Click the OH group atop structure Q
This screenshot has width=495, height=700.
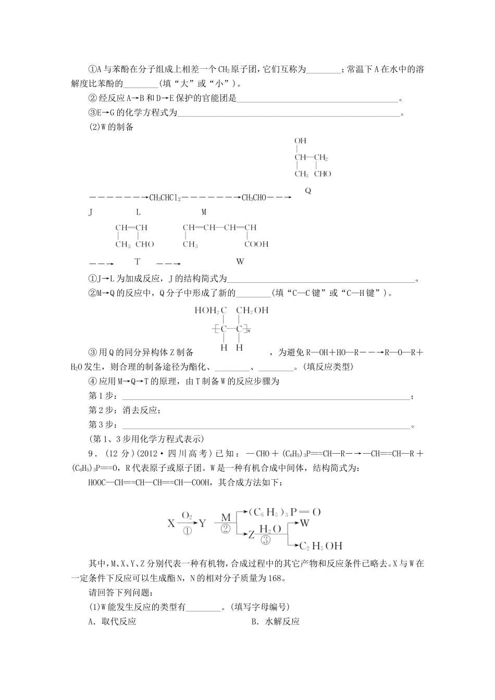(x=300, y=141)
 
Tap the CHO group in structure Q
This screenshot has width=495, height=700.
(x=323, y=174)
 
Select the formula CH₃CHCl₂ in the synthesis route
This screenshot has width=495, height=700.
(x=165, y=197)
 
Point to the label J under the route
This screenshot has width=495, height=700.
(x=91, y=212)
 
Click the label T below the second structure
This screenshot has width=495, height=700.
(x=138, y=261)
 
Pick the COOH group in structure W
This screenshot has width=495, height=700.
(x=256, y=244)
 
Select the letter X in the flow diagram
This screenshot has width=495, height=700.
(x=171, y=523)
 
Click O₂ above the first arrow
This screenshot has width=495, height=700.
(x=187, y=515)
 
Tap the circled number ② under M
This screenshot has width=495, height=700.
(x=226, y=528)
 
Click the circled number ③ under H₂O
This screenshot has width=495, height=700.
(x=266, y=540)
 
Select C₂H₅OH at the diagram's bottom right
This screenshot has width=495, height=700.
(x=321, y=546)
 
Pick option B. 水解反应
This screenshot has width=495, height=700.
(x=275, y=621)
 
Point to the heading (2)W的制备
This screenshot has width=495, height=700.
(x=112, y=127)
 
